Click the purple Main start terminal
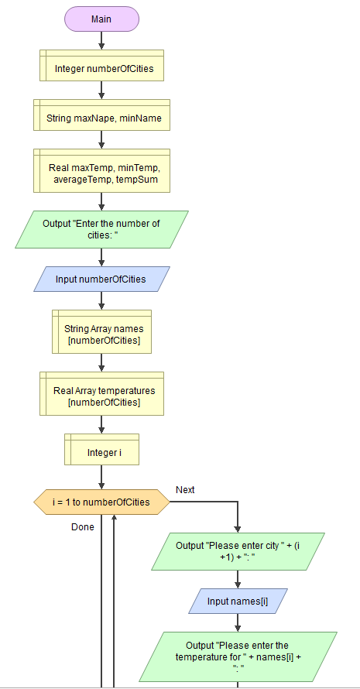101,19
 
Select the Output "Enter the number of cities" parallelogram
101,230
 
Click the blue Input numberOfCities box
101,279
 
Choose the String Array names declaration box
101,334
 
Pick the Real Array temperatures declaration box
101,396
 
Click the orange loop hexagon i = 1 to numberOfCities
101,502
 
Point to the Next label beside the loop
185,490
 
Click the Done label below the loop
82,527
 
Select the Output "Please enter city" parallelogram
237,550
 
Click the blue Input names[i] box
237,601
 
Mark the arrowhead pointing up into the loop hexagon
114,519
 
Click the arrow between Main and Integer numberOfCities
101,41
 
